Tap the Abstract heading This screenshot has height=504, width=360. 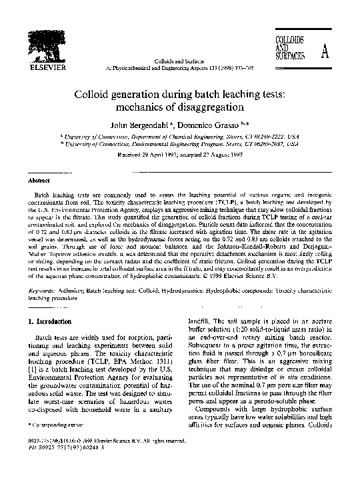(40, 180)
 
